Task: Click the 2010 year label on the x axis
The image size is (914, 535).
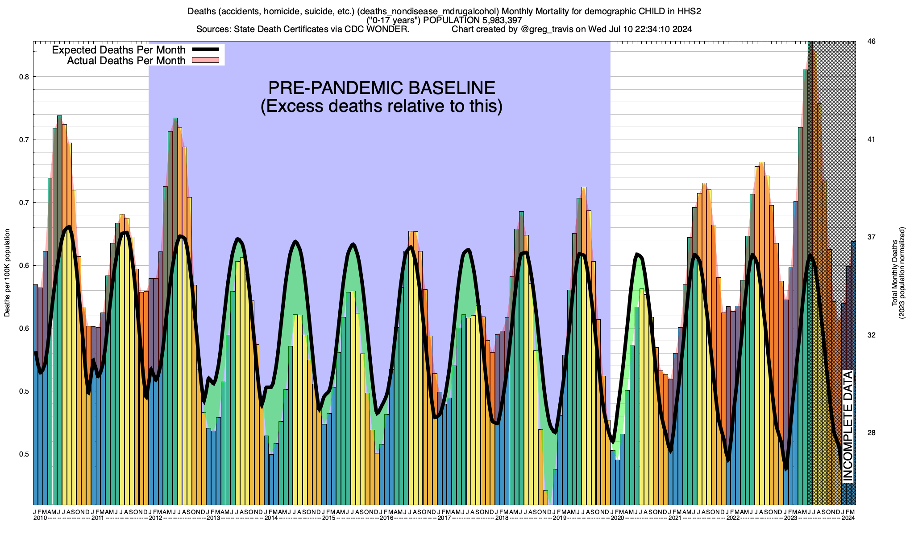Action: (40, 518)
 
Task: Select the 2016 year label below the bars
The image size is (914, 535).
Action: (386, 518)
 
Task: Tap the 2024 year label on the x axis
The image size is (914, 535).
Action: (848, 518)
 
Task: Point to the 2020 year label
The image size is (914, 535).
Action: (617, 518)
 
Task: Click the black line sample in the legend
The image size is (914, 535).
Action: (205, 49)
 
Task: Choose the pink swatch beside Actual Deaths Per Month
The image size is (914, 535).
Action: (205, 60)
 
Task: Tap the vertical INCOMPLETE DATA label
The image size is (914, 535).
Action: (848, 426)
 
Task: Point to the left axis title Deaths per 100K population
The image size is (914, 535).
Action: (7, 273)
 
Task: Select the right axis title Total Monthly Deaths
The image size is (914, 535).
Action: (894, 273)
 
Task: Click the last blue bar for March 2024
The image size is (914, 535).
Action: (853, 373)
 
